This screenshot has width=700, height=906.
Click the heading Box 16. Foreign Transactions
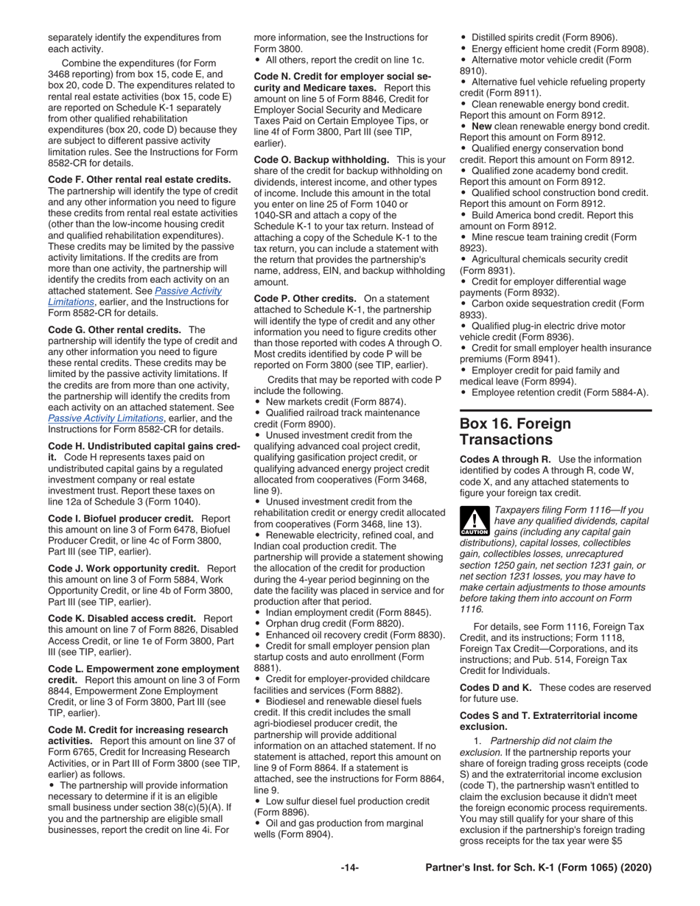(x=515, y=432)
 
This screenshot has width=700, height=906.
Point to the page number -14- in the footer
(x=349, y=868)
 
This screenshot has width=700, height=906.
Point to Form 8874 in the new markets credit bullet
(x=380, y=401)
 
